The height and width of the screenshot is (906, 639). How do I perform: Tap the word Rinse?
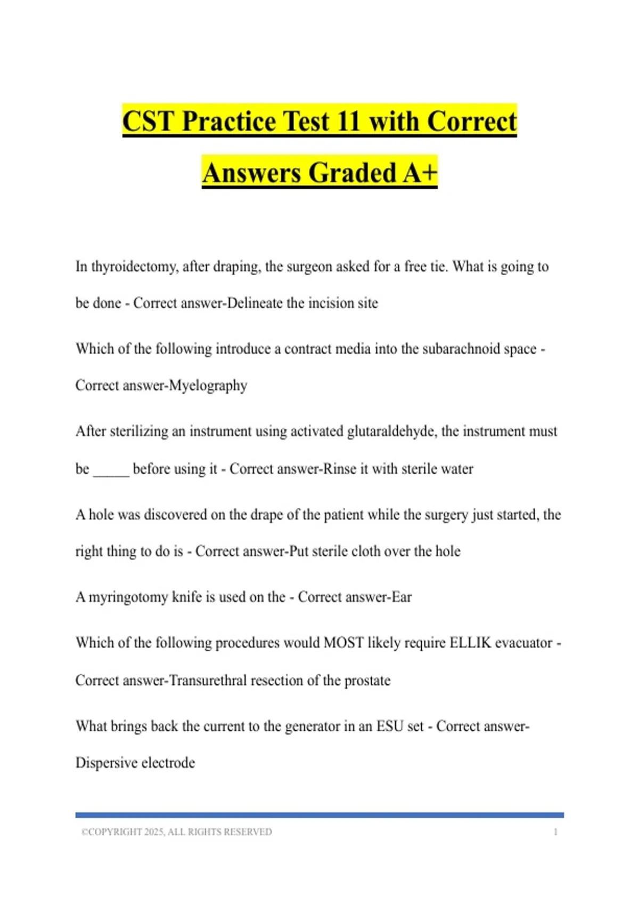point(340,468)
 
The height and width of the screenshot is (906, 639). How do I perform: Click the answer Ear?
point(402,597)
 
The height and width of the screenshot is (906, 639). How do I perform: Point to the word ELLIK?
point(470,643)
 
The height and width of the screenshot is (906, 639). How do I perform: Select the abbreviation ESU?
point(389,726)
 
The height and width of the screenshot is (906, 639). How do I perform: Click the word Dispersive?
point(109,763)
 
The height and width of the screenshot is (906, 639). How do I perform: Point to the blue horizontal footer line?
point(319,815)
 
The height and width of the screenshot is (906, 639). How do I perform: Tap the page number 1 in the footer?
point(555,832)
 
